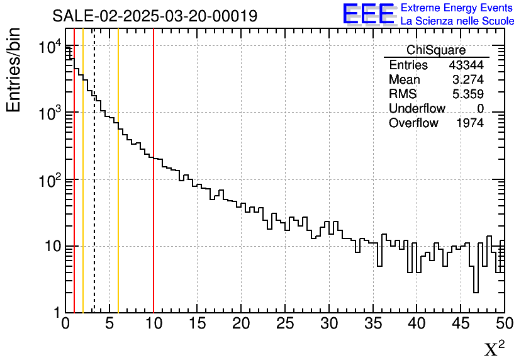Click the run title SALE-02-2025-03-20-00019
pos(155,16)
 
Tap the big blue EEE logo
pos(368,14)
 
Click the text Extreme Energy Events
pos(457,8)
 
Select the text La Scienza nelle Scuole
pos(457,21)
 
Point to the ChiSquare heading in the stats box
pos(436,50)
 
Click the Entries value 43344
pos(466,65)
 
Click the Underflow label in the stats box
pos(417,109)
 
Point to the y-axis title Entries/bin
pos(14,70)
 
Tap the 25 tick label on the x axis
pos(285,323)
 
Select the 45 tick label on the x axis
pos(461,323)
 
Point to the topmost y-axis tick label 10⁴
pos(50,48)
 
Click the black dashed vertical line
pos(94,189)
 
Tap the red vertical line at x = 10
pos(154,189)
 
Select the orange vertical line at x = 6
pos(118,189)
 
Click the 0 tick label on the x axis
pos(65,323)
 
